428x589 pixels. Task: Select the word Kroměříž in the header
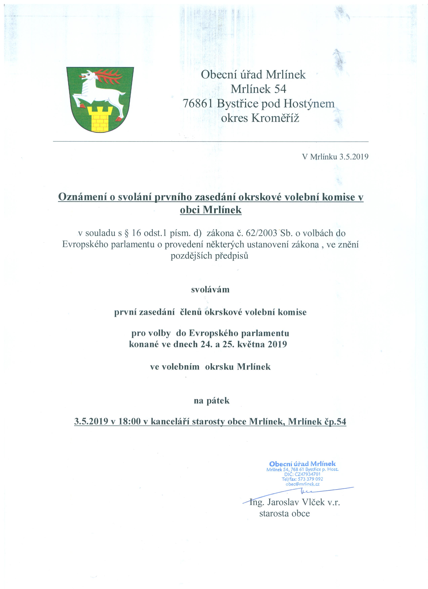[x=275, y=119]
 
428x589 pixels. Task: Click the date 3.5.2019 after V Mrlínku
[x=354, y=157]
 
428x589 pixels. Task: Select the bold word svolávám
[x=211, y=290]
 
